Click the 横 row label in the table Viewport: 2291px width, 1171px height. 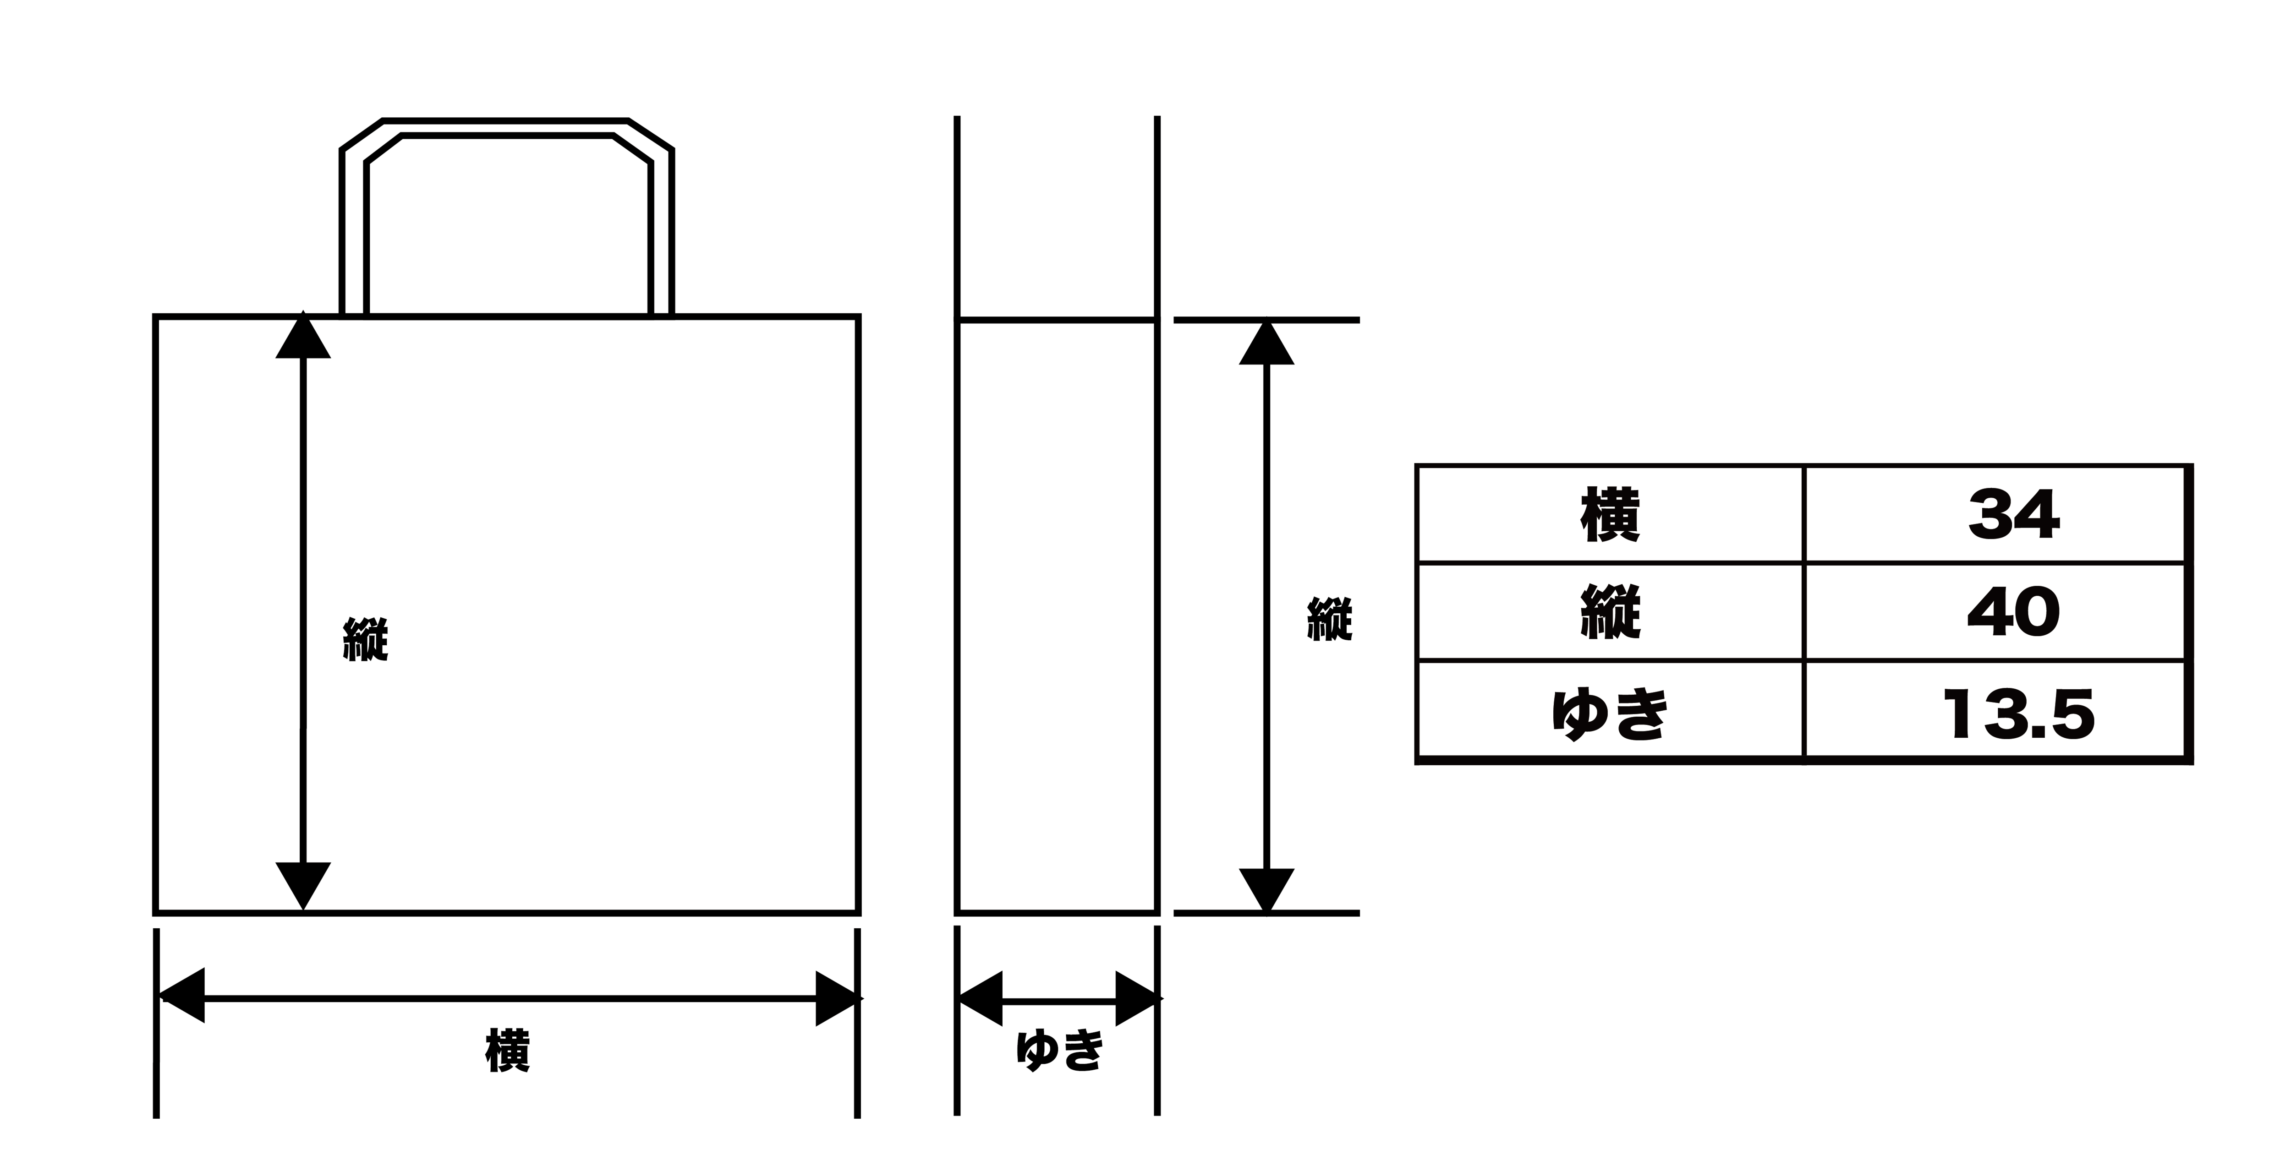pos(1610,516)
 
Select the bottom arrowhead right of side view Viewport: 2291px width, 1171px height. pos(1266,889)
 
